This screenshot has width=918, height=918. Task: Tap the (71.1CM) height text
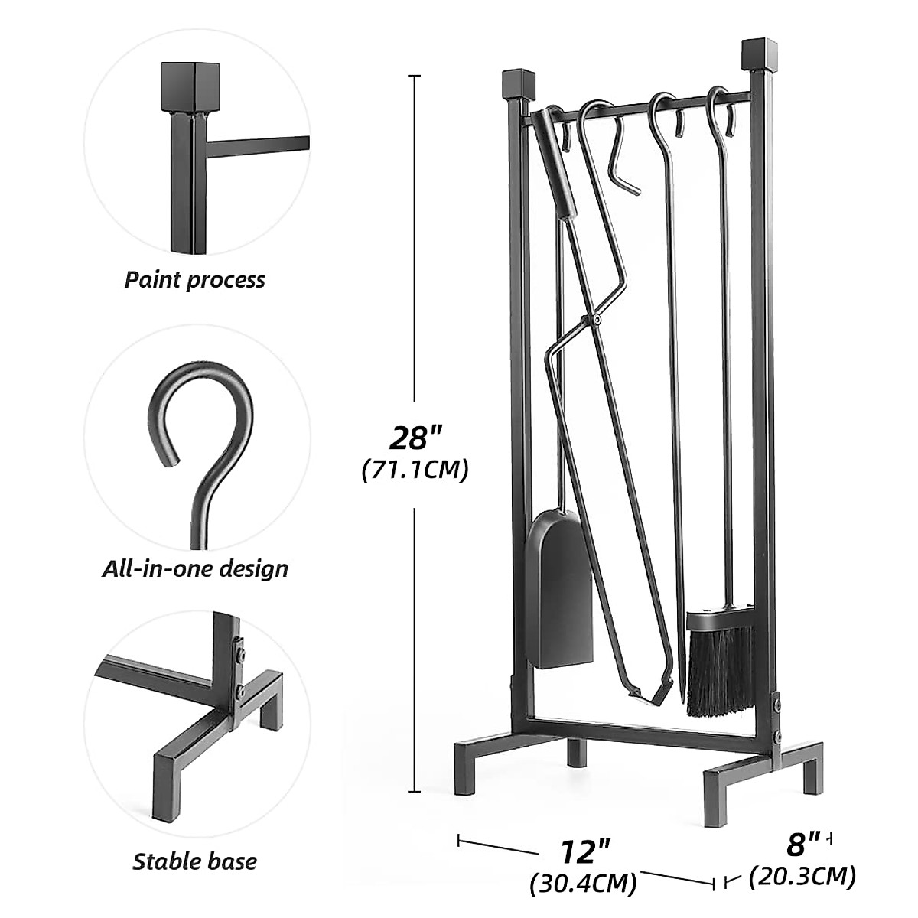click(x=415, y=470)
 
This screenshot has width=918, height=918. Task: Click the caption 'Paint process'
click(x=194, y=280)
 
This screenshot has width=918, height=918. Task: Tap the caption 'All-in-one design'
click(x=195, y=569)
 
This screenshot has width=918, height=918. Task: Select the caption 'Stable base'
click(x=194, y=862)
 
